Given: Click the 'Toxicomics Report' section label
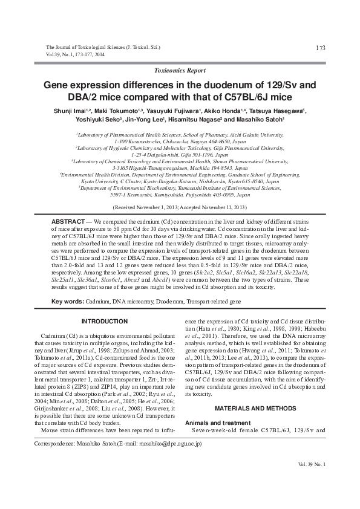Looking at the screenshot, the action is coord(180,71).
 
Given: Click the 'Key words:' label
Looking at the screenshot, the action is coord(67,302).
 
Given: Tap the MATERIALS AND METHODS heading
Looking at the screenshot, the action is coord(253,392).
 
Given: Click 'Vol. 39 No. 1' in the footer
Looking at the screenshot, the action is coord(312,464).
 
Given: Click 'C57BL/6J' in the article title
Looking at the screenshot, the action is coord(264,97).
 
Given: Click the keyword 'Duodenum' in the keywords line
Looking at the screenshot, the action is coord(175,302).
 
